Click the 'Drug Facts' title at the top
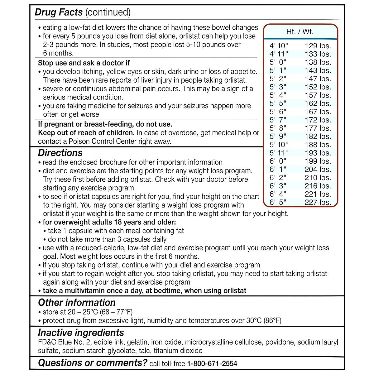[59, 12]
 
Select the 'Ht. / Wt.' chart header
[300, 32]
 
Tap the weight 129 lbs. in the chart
[318, 46]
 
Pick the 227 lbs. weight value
[318, 202]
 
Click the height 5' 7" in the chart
[278, 120]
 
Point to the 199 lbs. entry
[318, 161]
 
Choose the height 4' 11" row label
[279, 54]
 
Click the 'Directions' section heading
[60, 153]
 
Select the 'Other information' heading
[77, 302]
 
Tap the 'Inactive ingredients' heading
[81, 333]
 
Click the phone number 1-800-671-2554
[212, 364]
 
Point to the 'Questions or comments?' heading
[93, 363]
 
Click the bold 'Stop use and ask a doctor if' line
[84, 63]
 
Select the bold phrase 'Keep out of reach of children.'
[86, 133]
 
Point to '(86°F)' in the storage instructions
[272, 321]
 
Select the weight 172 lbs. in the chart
[318, 120]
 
